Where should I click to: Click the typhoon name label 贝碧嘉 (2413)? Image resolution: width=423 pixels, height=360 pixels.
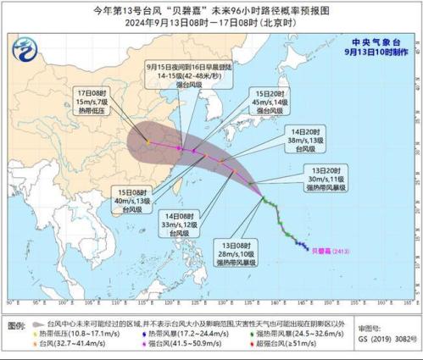[328, 250]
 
